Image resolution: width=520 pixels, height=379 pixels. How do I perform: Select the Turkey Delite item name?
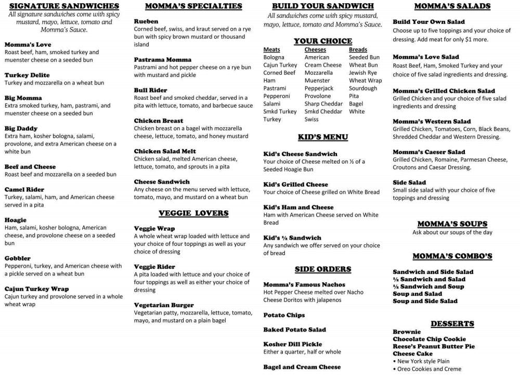27,75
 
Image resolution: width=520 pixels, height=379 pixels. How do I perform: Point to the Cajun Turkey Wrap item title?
36,289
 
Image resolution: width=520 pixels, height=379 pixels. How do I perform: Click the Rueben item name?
146,21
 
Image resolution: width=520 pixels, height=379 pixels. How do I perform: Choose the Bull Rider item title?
150,90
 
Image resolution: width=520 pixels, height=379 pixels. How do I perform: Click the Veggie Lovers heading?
193,213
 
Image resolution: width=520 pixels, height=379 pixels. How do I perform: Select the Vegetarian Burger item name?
164,305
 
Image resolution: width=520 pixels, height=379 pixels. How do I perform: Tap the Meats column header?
271,49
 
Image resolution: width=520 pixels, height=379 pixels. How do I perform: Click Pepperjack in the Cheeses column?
319,88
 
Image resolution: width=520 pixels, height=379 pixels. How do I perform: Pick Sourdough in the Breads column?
363,88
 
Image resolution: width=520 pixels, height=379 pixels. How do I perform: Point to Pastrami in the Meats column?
275,88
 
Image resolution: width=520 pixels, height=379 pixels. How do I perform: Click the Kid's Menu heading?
323,137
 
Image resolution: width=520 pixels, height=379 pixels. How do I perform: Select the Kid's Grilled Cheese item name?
295,184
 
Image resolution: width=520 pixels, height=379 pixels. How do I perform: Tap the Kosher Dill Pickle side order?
292,344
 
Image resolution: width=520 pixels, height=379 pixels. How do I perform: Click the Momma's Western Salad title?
432,121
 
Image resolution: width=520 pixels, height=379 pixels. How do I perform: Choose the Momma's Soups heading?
452,224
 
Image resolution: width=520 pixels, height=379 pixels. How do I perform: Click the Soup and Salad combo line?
418,294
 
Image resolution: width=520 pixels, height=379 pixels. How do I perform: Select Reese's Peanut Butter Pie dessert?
434,346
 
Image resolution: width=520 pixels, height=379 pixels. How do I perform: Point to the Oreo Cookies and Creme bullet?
429,369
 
